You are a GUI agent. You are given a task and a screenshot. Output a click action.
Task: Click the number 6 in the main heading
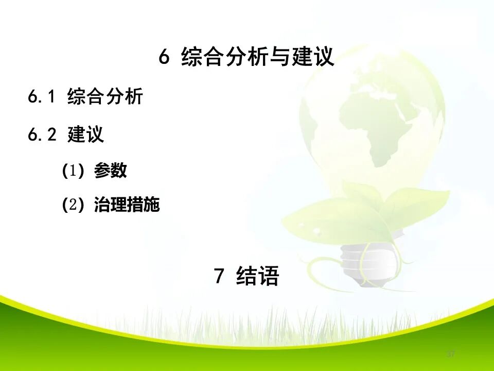point(164,58)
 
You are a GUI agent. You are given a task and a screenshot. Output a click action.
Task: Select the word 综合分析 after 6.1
point(105,97)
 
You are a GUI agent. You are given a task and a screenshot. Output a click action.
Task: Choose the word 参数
point(110,171)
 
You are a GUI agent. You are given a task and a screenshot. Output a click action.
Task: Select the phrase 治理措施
point(127,206)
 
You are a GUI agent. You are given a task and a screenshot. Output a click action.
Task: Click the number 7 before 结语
point(219,277)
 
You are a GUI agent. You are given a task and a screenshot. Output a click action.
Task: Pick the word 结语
point(258,277)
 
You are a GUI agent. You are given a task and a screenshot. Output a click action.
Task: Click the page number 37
point(451,354)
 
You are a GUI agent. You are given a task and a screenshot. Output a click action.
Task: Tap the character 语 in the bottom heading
point(269,277)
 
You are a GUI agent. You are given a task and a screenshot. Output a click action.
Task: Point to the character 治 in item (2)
point(102,206)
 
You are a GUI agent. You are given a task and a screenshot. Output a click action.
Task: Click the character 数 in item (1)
point(118,171)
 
